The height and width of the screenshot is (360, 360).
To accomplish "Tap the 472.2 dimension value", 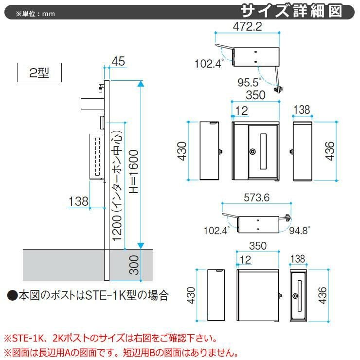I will coord(247,27).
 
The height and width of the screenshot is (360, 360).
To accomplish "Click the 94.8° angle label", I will coord(299,231).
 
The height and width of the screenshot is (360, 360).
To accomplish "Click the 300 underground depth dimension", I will coord(135,265).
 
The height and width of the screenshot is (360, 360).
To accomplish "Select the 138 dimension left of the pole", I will coord(78,201).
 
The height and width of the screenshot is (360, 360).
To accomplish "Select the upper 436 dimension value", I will coord(329,152).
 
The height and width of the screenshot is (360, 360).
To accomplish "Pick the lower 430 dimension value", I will coord(191,295).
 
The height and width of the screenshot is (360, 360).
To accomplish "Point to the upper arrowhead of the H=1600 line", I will coord(141,84).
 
